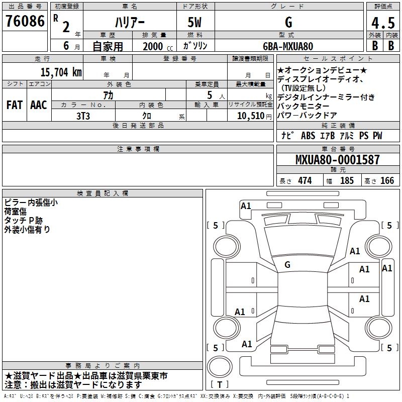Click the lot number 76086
25,21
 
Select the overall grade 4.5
383,23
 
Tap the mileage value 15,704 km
61,72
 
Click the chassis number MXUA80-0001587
337,159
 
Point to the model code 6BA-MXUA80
288,46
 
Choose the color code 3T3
83,116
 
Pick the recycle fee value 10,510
251,116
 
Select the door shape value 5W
194,22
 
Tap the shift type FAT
15,105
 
